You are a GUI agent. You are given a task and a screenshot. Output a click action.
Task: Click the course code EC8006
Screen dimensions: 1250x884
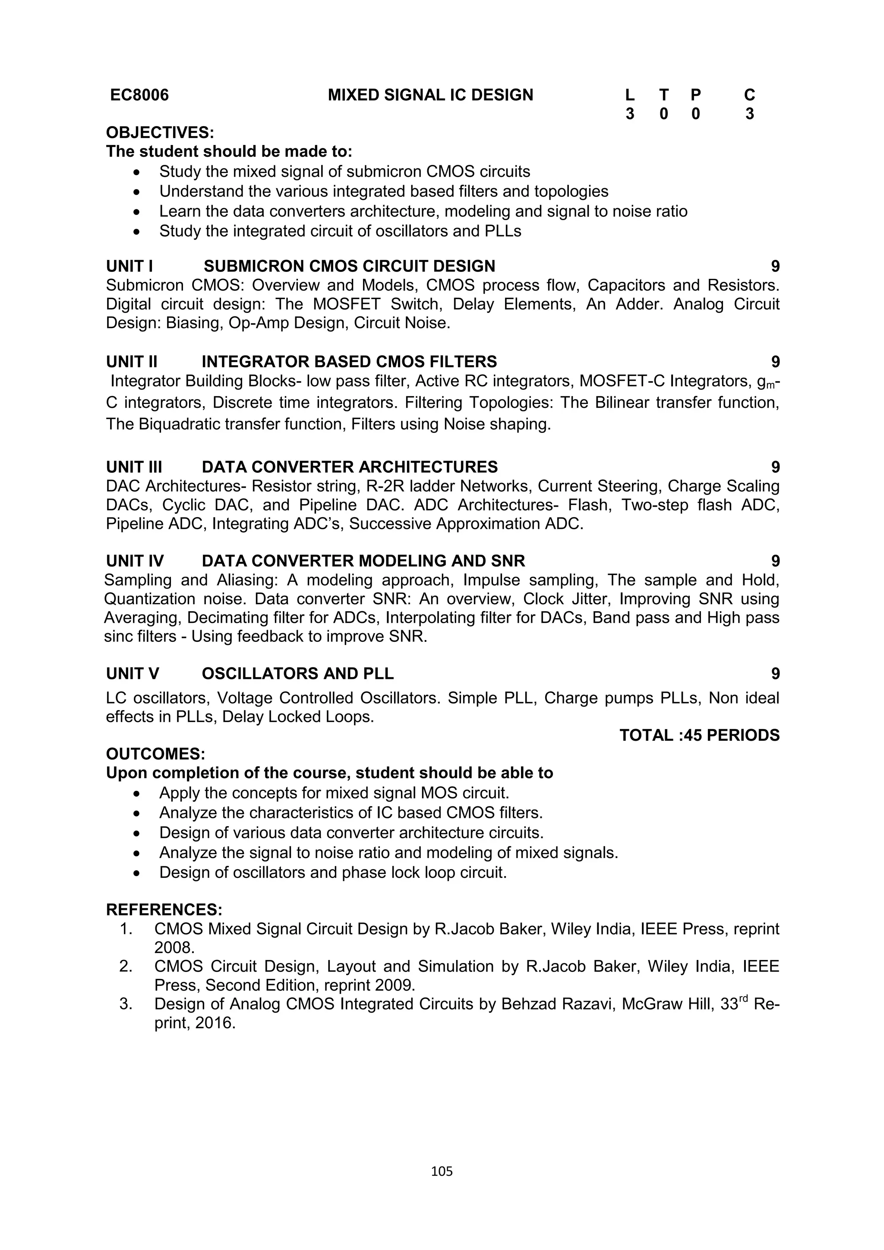coord(139,95)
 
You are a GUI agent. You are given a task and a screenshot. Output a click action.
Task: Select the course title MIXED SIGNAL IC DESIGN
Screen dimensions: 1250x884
coord(430,95)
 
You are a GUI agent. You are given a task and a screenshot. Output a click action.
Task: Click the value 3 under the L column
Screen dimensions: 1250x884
coord(629,114)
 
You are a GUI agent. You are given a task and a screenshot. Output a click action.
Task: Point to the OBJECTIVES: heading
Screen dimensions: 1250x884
coord(160,133)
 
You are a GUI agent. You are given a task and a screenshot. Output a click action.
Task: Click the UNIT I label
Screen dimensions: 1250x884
coord(129,266)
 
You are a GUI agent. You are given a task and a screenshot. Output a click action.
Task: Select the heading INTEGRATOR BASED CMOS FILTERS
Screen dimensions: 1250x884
coord(349,362)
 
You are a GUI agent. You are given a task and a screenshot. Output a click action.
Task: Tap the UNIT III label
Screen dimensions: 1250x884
coord(134,467)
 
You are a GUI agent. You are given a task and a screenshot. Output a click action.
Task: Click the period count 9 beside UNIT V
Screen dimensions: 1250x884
coord(775,674)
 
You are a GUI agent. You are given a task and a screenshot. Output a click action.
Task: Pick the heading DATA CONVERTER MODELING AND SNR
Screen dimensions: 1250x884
coord(363,561)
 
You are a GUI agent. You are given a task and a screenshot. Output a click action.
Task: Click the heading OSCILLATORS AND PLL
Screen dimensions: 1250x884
coord(297,674)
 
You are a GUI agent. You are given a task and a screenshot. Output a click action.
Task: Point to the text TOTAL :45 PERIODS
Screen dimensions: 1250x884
coord(699,735)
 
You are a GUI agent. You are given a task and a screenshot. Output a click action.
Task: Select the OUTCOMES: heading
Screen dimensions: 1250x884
coord(155,754)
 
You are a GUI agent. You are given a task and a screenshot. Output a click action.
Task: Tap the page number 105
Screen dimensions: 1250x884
coord(442,1171)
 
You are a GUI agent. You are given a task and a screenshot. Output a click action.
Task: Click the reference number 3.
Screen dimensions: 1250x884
coord(125,1004)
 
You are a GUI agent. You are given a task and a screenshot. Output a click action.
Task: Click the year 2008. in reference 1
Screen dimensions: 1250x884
coord(174,948)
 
